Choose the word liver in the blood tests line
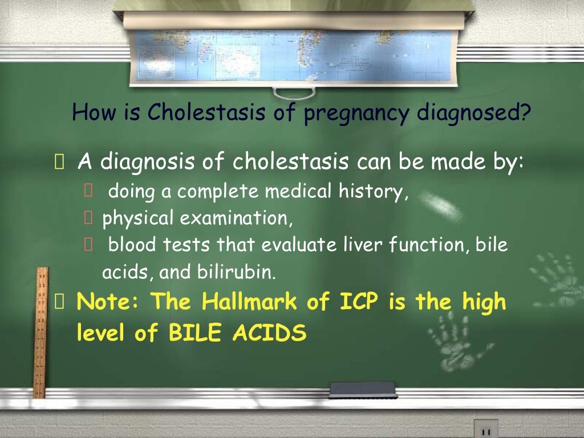click(365, 246)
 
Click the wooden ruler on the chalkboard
click(39, 331)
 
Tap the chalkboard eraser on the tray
click(363, 390)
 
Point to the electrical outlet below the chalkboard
click(485, 429)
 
